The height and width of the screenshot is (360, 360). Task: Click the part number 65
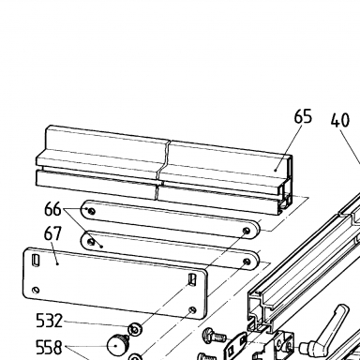pyautogui.click(x=303, y=116)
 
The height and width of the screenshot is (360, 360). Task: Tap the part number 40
pyautogui.click(x=340, y=120)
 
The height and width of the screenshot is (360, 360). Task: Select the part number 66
pyautogui.click(x=52, y=209)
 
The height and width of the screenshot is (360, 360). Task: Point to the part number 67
pyautogui.click(x=52, y=233)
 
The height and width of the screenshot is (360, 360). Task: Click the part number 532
pyautogui.click(x=50, y=321)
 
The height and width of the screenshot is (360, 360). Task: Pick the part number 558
pyautogui.click(x=50, y=347)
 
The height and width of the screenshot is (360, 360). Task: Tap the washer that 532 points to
pyautogui.click(x=135, y=329)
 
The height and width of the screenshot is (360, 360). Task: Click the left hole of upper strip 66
pyautogui.click(x=91, y=212)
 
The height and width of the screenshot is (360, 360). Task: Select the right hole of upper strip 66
pyautogui.click(x=247, y=231)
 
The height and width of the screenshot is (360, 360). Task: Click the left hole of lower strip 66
pyautogui.click(x=91, y=242)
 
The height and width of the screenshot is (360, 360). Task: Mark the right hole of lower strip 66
pyautogui.click(x=247, y=262)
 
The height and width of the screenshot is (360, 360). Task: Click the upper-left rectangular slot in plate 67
pyautogui.click(x=37, y=260)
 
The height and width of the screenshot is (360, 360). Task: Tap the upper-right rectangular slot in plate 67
pyautogui.click(x=191, y=279)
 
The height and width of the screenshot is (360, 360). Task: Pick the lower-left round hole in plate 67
pyautogui.click(x=36, y=291)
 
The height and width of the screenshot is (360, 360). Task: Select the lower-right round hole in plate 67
pyautogui.click(x=192, y=309)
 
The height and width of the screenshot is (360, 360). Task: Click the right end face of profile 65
pyautogui.click(x=286, y=186)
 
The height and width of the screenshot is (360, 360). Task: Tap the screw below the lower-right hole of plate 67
pyautogui.click(x=215, y=335)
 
